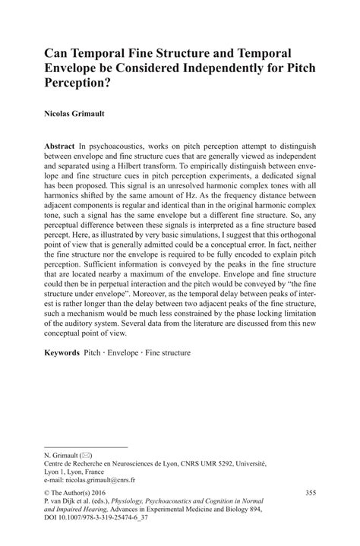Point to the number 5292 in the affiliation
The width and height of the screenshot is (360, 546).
click(x=240, y=463)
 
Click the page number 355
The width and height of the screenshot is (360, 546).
click(x=308, y=494)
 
